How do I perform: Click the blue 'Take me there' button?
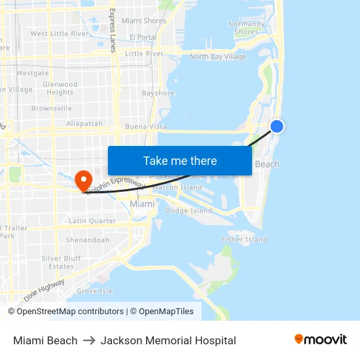[x=179, y=161]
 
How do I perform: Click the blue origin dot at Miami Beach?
[x=277, y=126]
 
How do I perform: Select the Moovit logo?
[x=320, y=339]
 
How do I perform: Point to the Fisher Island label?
[x=244, y=240]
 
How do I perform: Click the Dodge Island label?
[x=189, y=211]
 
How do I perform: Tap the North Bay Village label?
[x=218, y=57]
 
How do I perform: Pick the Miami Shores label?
[x=144, y=21]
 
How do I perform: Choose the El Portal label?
[x=143, y=37]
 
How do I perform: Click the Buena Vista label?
[x=146, y=126]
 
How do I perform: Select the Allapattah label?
[x=84, y=123]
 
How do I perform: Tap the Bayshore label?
[x=158, y=94]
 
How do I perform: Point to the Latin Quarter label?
[x=92, y=221]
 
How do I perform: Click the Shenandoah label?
[x=88, y=240]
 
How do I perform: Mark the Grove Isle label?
[x=94, y=291]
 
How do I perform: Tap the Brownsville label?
[x=52, y=109]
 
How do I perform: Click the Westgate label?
[x=33, y=73]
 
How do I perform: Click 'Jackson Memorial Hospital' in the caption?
[x=168, y=340]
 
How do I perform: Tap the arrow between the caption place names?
[x=89, y=340]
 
